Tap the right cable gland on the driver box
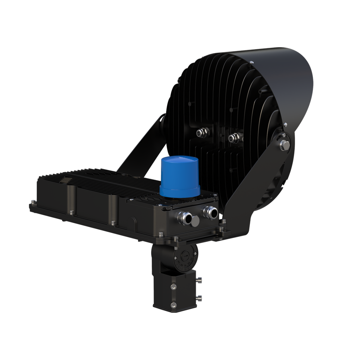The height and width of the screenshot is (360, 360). tap(210, 212)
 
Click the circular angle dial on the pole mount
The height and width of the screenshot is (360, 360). tap(185, 257)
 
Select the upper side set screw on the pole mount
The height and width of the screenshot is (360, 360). tap(200, 280)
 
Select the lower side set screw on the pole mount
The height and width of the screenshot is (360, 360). tap(200, 298)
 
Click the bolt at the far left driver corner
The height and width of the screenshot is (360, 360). tap(33, 202)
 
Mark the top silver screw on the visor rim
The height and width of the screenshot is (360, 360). tap(252, 63)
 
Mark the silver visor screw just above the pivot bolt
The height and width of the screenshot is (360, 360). tap(285, 124)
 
